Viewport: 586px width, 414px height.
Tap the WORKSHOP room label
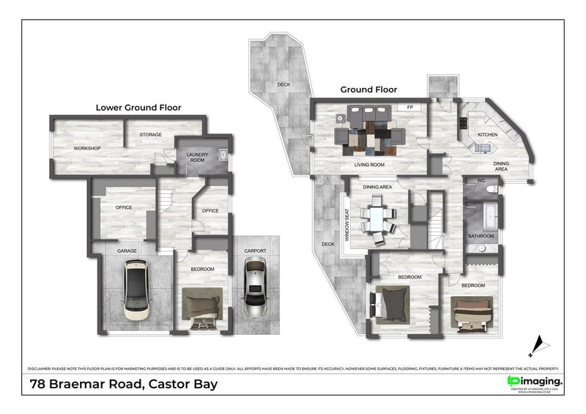click(x=87, y=149)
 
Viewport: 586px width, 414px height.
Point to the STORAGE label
click(x=151, y=135)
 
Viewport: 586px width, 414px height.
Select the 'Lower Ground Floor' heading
click(x=138, y=107)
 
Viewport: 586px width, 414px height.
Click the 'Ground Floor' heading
click(x=368, y=89)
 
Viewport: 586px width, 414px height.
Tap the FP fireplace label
click(x=411, y=107)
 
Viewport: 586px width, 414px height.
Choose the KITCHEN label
click(x=488, y=135)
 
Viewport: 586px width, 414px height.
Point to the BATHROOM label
click(x=481, y=236)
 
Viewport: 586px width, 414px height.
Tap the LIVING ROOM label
click(x=370, y=165)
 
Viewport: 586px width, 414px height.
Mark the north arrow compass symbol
click(x=540, y=343)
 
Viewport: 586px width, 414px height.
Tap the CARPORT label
click(x=255, y=251)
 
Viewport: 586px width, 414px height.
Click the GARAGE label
click(x=127, y=251)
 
